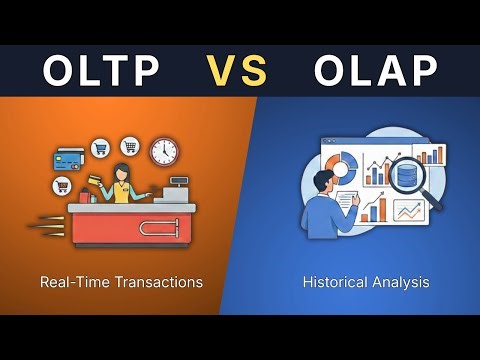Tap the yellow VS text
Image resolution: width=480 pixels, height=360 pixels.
pos(239,71)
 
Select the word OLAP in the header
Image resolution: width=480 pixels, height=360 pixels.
pos(376,71)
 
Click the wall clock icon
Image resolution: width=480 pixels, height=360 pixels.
pos(164,152)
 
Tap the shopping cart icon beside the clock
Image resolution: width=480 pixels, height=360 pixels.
pos(129,147)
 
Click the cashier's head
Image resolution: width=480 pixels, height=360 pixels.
pos(125,172)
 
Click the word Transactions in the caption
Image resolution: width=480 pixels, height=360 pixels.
pos(158,282)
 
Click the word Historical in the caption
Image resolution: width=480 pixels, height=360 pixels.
pos(334,282)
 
